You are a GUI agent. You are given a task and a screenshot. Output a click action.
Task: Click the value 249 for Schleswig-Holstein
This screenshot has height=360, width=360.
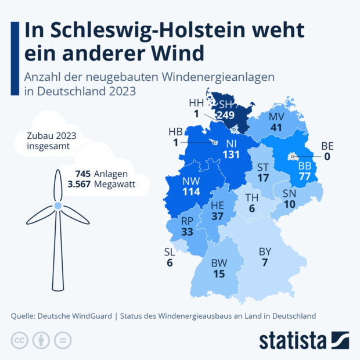tap(225, 116)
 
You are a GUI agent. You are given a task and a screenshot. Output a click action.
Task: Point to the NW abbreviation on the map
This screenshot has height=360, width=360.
tap(190, 181)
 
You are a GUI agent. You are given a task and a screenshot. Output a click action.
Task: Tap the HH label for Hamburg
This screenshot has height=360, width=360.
tap(196, 103)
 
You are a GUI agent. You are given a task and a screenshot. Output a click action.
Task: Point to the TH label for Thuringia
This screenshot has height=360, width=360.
tap(251, 198)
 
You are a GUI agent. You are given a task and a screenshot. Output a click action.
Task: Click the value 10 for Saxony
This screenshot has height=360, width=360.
tap(290, 204)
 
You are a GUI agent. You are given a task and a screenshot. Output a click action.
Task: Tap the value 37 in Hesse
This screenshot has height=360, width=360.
tap(217, 216)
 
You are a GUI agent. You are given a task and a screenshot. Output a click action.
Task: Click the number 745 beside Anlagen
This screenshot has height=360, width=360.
tap(84, 174)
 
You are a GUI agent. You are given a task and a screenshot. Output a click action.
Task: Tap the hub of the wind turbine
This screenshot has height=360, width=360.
tap(58, 206)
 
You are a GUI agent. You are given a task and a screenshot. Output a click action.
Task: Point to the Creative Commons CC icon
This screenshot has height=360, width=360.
tap(20, 340)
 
